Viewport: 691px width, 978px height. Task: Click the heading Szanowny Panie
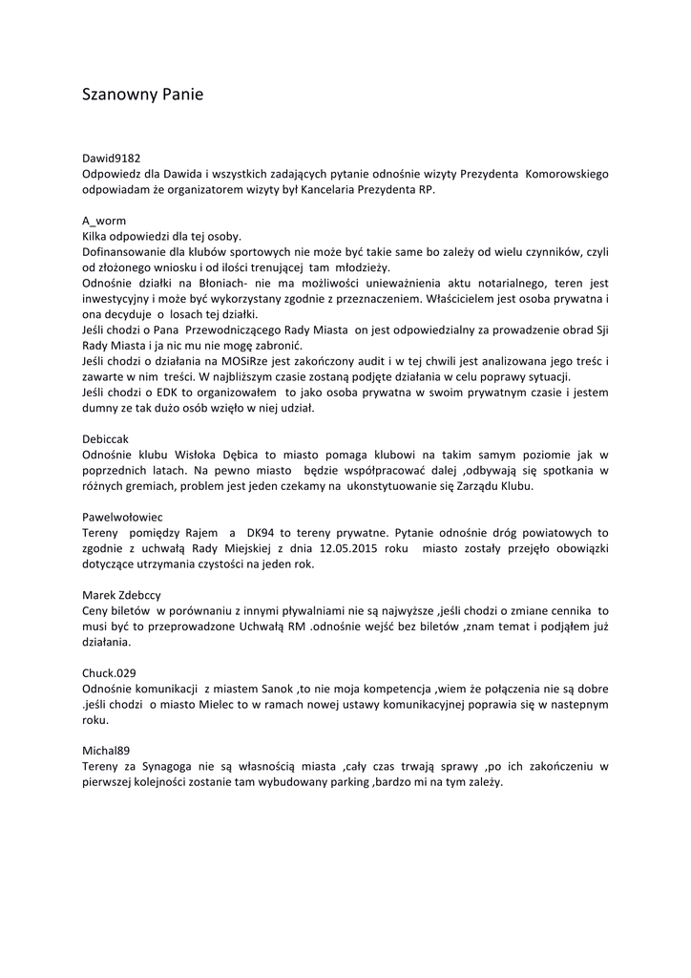point(142,95)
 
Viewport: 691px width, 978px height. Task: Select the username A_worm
point(104,221)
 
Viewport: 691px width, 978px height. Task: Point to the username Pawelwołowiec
point(123,516)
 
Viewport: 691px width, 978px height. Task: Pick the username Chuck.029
point(111,672)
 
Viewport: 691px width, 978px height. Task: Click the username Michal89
point(108,750)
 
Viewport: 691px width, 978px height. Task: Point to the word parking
point(343,781)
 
